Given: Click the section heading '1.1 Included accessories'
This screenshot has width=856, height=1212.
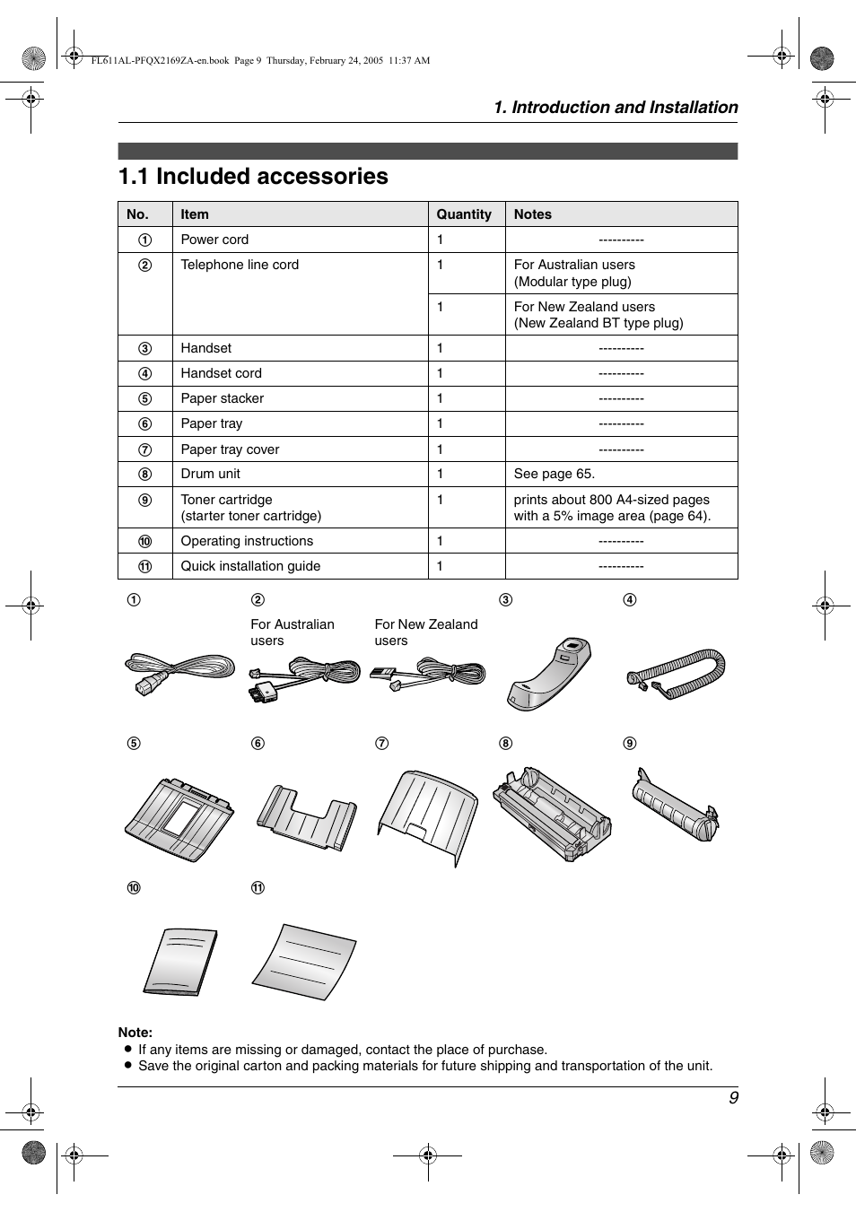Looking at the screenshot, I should click(x=253, y=177).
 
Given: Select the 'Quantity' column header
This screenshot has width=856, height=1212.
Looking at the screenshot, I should click(x=463, y=214).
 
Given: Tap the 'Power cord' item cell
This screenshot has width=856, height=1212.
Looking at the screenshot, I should click(x=214, y=240).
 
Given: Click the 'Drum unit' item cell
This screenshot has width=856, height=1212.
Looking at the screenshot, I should click(x=210, y=474).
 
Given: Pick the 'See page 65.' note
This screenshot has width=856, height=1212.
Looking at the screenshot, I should click(x=554, y=474).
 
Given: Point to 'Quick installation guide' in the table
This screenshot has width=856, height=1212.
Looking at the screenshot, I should click(x=250, y=566).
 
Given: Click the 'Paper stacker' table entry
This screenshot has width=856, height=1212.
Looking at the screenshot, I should click(x=222, y=398).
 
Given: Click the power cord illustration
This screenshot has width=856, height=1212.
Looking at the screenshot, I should click(x=179, y=673).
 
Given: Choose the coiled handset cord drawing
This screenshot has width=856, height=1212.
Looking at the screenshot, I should click(x=676, y=673).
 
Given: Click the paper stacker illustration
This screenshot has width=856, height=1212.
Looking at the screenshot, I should click(x=179, y=818).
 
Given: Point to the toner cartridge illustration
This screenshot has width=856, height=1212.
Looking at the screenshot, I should click(x=675, y=805).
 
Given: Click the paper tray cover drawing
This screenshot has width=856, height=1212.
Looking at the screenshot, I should click(x=427, y=814).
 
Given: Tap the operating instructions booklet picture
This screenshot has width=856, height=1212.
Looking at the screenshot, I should click(x=180, y=962).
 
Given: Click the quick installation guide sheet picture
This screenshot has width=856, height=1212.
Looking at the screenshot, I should click(x=305, y=963).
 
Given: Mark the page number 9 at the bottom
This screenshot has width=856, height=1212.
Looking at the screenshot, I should click(x=733, y=1098).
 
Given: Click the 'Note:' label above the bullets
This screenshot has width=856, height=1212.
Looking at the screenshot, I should click(x=135, y=1033).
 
